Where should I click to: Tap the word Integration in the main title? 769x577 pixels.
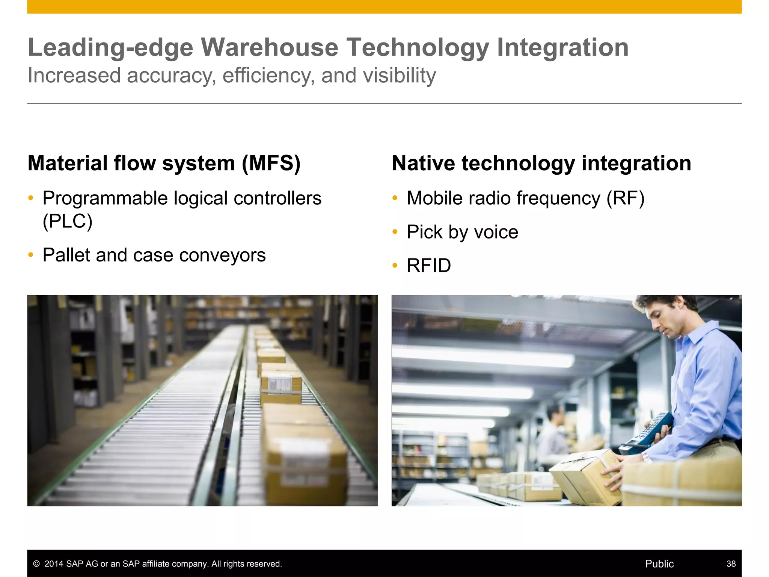coord(562,48)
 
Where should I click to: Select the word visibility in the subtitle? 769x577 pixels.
coord(399,76)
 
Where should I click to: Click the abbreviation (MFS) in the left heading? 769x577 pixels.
coord(271,163)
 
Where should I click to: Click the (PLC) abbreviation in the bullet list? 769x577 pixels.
coord(68,221)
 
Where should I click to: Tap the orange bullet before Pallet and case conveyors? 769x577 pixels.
coord(31,255)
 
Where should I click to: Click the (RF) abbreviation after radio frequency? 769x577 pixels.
coord(626,198)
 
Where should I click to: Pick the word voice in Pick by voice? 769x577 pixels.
coord(496,232)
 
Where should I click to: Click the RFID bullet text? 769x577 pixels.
coord(429,266)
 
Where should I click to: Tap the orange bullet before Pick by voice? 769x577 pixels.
coord(395,232)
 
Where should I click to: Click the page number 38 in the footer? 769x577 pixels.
coord(731,564)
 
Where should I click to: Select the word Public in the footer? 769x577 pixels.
coord(659,564)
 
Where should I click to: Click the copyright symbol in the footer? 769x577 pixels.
coord(36,564)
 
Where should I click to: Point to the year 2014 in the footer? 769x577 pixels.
coord(54,564)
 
